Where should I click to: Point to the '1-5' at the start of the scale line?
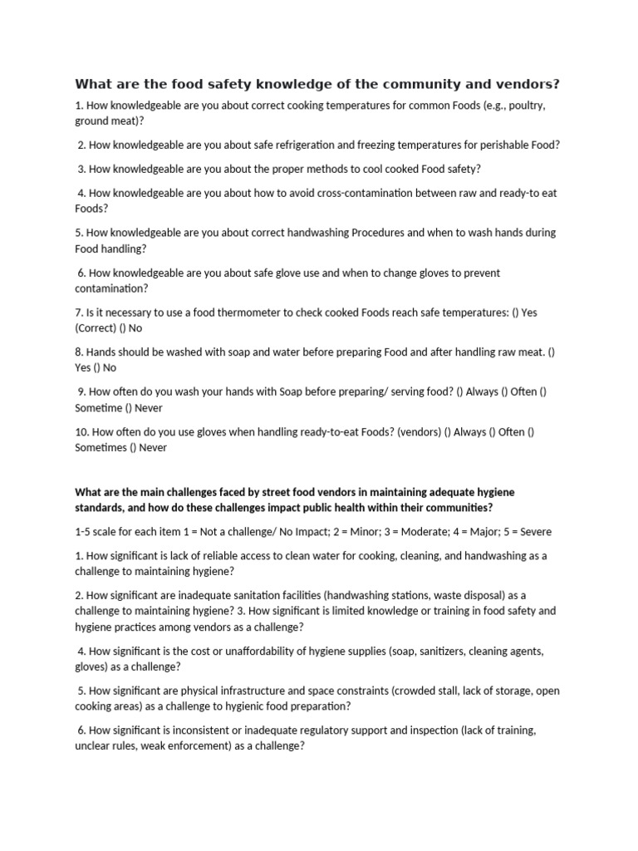[85, 531]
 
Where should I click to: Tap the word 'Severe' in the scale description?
[533, 531]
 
